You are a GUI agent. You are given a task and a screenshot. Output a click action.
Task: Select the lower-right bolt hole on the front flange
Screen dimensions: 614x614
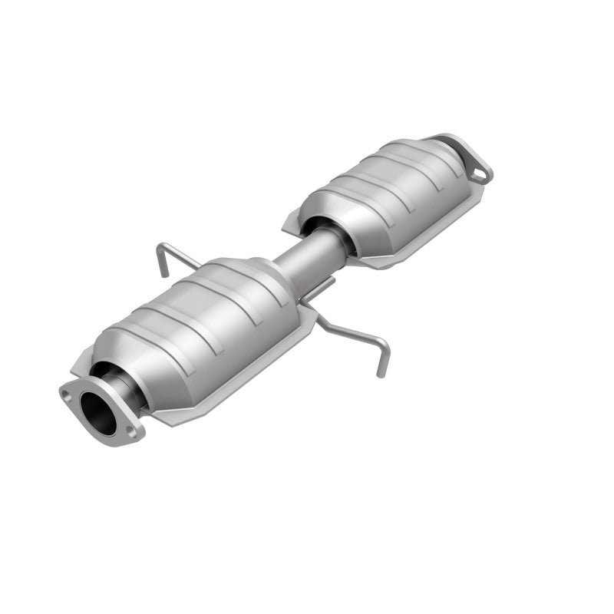pyautogui.click(x=132, y=431)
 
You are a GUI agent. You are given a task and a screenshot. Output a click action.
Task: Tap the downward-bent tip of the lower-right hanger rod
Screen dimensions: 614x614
pyautogui.click(x=379, y=368)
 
